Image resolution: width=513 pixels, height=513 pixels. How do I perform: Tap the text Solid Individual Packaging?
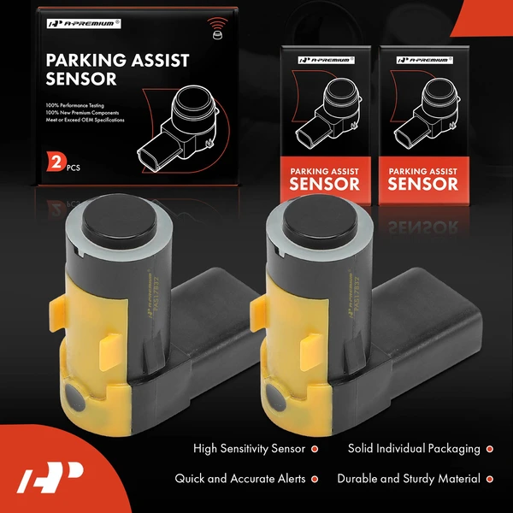414,448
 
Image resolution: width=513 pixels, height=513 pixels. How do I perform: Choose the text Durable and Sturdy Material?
409,479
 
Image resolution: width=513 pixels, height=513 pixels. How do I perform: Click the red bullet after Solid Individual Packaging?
489,448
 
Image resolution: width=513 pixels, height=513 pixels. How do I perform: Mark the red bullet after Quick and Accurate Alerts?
314,479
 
